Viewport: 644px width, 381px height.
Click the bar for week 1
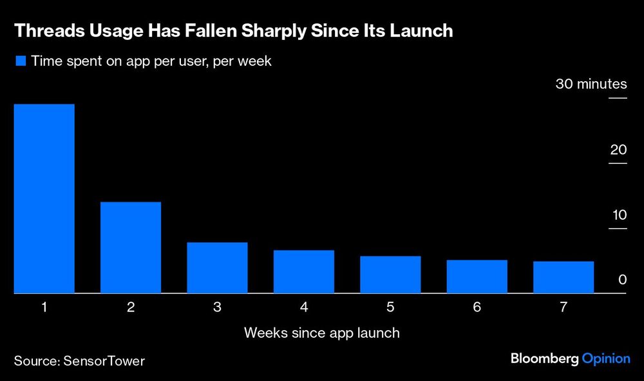(x=44, y=199)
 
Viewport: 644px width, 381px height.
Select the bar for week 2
(x=131, y=248)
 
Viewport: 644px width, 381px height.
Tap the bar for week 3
(x=217, y=268)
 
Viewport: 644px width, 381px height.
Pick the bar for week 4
(x=304, y=271)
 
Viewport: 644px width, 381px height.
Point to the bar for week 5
(x=390, y=275)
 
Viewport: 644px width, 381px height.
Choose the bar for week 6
(x=477, y=277)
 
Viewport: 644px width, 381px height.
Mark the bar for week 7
(x=563, y=277)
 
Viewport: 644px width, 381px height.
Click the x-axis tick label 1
(x=44, y=308)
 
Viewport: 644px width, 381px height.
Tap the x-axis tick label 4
(x=304, y=308)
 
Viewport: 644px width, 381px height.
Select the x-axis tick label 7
(x=563, y=308)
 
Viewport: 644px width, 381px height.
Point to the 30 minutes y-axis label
(x=591, y=84)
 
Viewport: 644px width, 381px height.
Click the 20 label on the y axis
(x=618, y=150)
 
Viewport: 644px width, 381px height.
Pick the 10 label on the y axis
(x=618, y=215)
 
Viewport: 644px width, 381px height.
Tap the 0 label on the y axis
(x=622, y=280)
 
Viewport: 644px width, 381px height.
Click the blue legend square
(x=21, y=61)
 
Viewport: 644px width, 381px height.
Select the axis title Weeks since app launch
(x=322, y=333)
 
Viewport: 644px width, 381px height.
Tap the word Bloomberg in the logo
(x=544, y=358)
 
